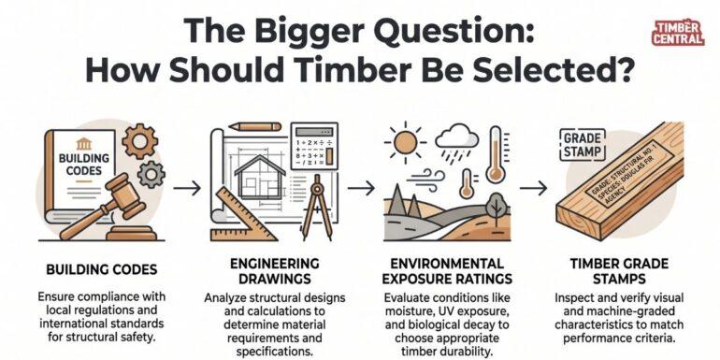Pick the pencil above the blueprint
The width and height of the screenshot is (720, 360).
pyautogui.click(x=251, y=124)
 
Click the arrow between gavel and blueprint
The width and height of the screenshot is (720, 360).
pyautogui.click(x=187, y=188)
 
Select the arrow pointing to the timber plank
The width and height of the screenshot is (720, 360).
pyautogui.click(x=535, y=188)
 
